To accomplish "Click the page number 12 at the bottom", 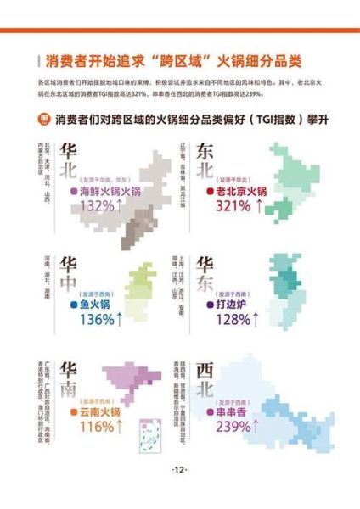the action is [180, 471].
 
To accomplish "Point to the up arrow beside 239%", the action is [255, 427].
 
